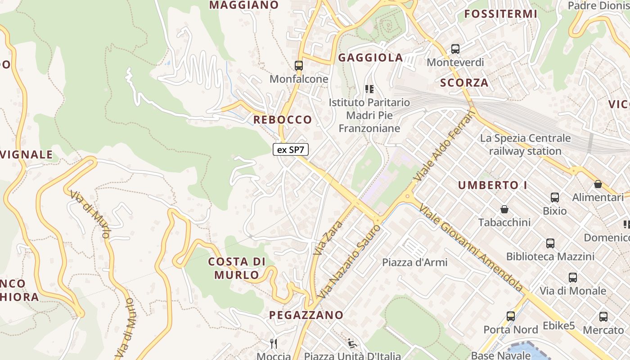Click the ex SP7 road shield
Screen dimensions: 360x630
click(291, 150)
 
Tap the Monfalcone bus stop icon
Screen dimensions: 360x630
click(298, 66)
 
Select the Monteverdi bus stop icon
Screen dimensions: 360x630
click(455, 49)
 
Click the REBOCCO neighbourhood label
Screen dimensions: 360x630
click(283, 120)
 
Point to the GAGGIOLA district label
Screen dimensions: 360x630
click(370, 58)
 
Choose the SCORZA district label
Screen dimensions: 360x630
click(464, 83)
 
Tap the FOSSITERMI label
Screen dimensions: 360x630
click(501, 14)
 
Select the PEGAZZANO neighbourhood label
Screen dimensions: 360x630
click(306, 315)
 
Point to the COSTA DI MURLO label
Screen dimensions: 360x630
click(237, 268)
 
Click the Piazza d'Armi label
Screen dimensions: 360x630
click(415, 262)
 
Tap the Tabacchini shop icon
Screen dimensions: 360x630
click(504, 209)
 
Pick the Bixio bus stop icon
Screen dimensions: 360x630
click(555, 198)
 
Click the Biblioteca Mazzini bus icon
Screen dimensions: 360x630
click(550, 243)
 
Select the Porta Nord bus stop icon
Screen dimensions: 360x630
click(510, 316)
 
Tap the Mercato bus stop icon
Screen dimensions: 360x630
click(603, 317)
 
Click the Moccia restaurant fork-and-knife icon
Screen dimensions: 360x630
click(274, 344)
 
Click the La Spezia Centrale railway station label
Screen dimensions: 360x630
click(525, 144)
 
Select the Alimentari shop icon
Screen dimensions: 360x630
click(598, 184)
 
